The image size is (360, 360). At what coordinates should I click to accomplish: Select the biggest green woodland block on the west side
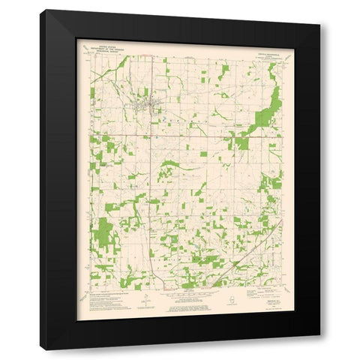click(104, 233)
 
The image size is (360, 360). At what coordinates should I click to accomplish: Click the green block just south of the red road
click(241, 143)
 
